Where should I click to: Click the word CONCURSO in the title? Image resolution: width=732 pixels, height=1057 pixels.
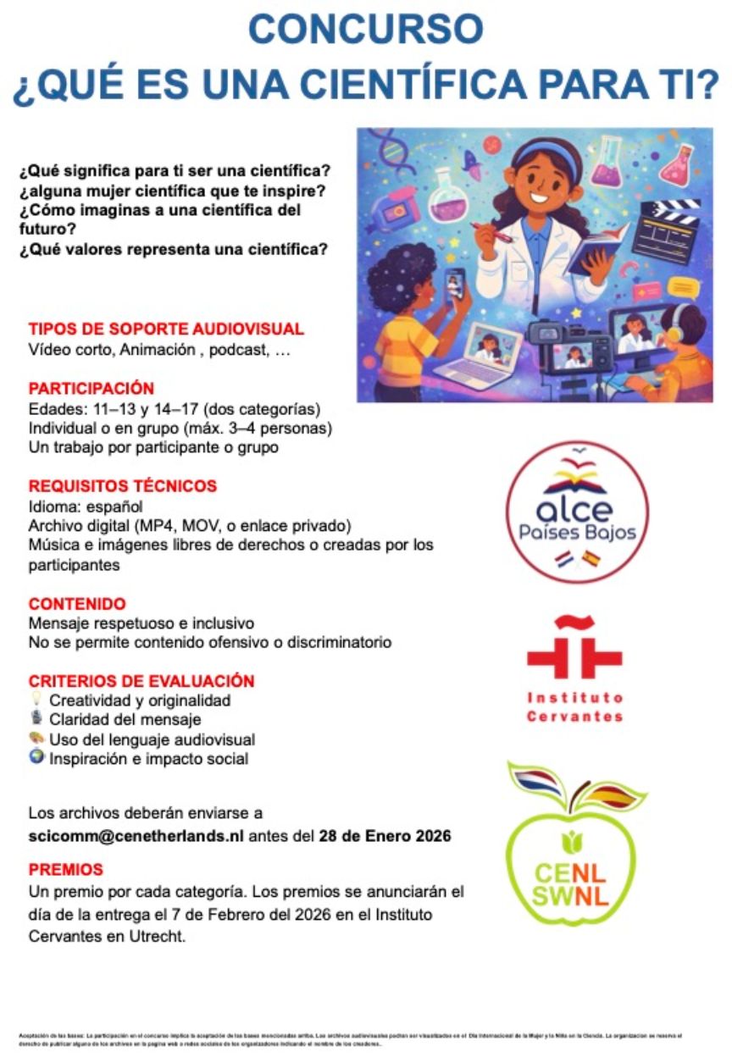tap(365, 31)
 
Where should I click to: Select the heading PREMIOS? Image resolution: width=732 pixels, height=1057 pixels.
tap(66, 870)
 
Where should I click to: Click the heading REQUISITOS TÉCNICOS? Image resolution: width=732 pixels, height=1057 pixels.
tap(123, 486)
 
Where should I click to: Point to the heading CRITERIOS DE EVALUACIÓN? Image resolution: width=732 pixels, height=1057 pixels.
tap(141, 681)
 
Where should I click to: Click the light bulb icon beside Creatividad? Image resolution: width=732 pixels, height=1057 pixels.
tap(36, 700)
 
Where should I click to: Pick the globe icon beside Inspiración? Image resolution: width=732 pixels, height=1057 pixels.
tap(36, 758)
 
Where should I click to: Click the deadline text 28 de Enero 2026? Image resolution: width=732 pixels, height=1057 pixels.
tap(385, 837)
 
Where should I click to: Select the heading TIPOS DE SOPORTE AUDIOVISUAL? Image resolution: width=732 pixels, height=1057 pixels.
tap(166, 329)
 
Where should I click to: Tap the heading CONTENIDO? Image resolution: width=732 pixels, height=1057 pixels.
tap(77, 604)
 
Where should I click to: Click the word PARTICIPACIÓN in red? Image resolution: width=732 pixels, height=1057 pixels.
tap(91, 389)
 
